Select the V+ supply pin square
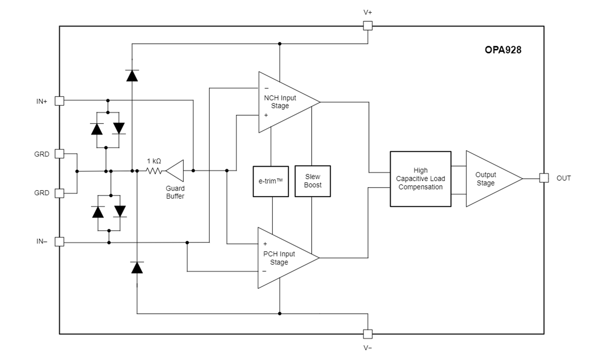click(x=367, y=26)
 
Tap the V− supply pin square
click(x=367, y=334)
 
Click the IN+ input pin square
click(x=60, y=100)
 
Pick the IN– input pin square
click(x=60, y=242)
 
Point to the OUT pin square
click(x=544, y=178)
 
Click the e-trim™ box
click(x=270, y=181)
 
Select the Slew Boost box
click(x=313, y=181)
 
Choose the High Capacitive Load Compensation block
click(x=420, y=179)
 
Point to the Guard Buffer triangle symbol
click(x=176, y=171)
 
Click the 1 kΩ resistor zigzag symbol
click(x=154, y=171)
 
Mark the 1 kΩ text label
click(x=154, y=161)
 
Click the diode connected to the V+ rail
click(x=132, y=75)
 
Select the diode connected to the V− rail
click(x=136, y=268)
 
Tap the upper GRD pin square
click(x=60, y=154)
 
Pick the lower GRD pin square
click(x=60, y=193)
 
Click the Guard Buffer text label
click(x=175, y=192)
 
